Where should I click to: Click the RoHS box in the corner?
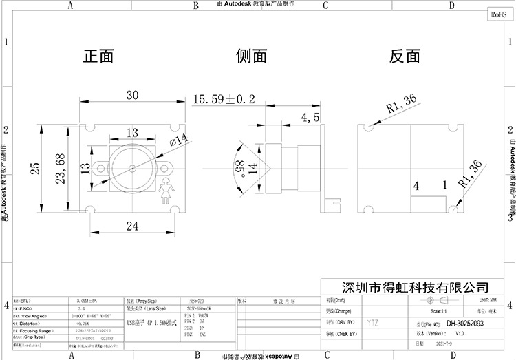(499, 14)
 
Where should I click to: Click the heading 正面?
(98, 56)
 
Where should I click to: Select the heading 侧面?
(250, 56)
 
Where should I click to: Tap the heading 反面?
(404, 56)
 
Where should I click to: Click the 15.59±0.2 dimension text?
(224, 100)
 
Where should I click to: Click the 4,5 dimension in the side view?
(310, 118)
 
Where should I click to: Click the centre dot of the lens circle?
(132, 167)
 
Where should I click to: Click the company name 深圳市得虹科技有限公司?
(410, 286)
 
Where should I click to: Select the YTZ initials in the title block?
(372, 322)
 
